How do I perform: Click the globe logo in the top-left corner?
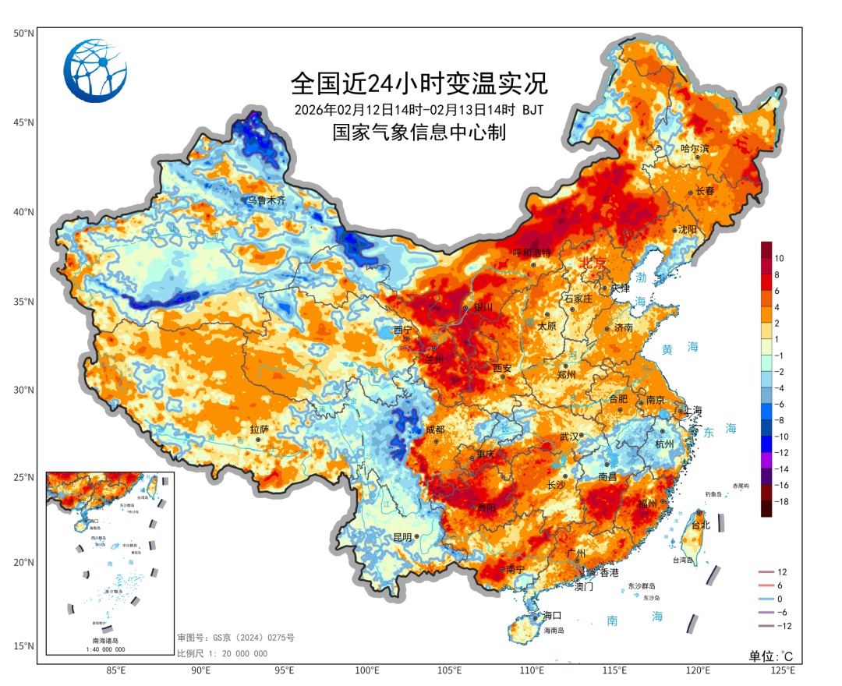(95, 70)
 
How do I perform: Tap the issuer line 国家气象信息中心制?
(419, 133)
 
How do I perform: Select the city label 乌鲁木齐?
(267, 200)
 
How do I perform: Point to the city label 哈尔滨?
(695, 148)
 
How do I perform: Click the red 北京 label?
(592, 264)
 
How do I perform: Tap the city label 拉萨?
(259, 430)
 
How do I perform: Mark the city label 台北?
(701, 525)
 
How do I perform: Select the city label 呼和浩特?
(531, 253)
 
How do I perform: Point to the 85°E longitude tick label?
(116, 670)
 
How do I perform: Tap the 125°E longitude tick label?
(782, 670)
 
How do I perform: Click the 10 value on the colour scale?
(779, 258)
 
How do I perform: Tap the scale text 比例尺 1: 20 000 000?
(222, 653)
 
